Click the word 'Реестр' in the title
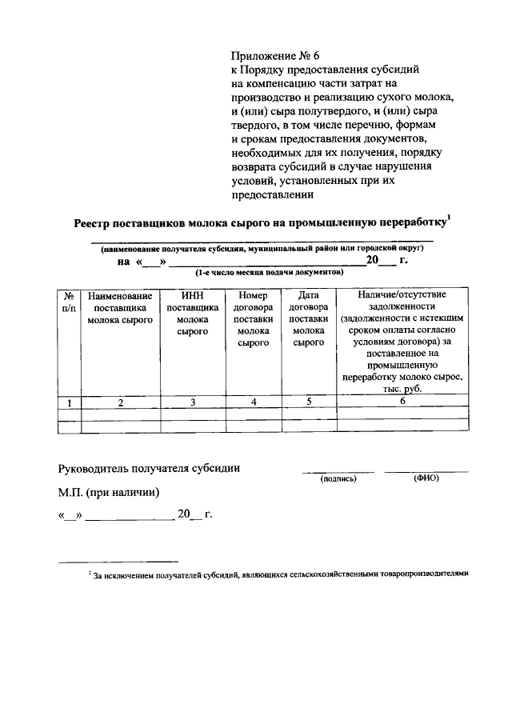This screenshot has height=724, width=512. (x=95, y=225)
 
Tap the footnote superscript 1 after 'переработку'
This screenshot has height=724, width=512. (x=450, y=220)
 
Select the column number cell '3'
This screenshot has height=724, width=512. (x=192, y=402)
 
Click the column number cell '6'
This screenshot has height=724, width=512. (x=403, y=402)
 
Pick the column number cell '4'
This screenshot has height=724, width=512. (x=253, y=402)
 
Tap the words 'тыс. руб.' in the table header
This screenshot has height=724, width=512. (x=402, y=389)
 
